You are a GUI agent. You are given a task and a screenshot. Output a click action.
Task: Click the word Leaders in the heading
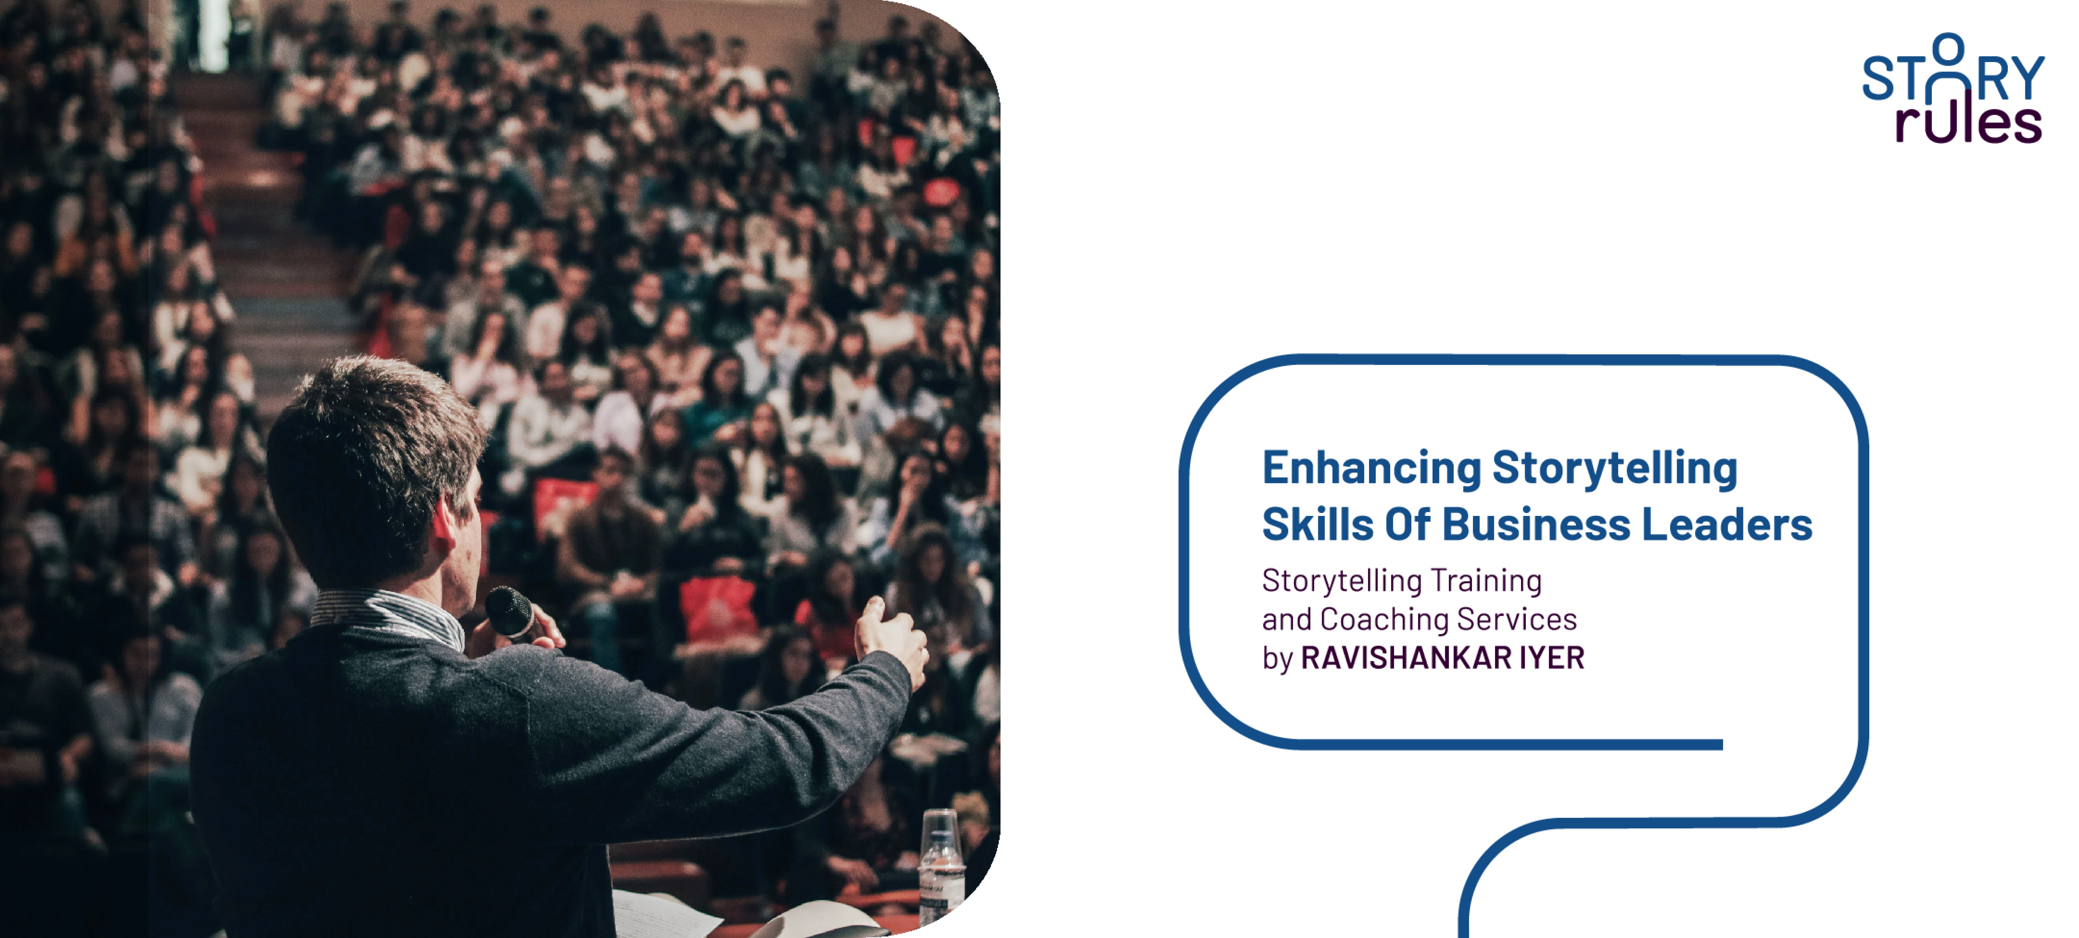point(1727,524)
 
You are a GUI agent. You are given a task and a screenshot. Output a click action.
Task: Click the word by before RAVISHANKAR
point(1278,659)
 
